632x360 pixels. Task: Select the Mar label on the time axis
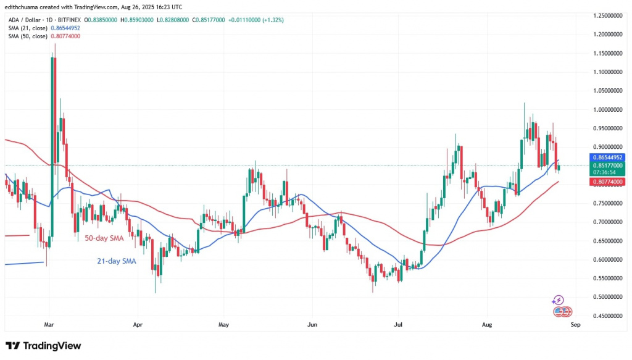(49, 323)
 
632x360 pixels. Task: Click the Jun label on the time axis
(313, 323)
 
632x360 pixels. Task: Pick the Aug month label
(486, 323)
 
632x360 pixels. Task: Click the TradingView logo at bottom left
(43, 346)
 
